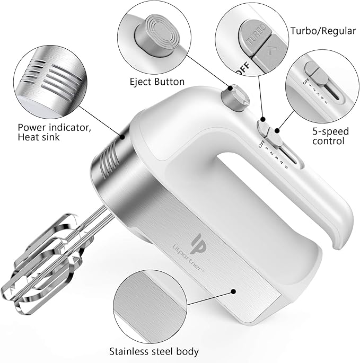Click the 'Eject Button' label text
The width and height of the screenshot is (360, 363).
click(x=157, y=82)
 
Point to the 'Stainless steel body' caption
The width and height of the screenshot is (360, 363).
click(x=154, y=351)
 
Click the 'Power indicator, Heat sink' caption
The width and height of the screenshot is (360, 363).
click(x=50, y=132)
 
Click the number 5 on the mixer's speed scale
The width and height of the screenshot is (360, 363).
click(x=286, y=168)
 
